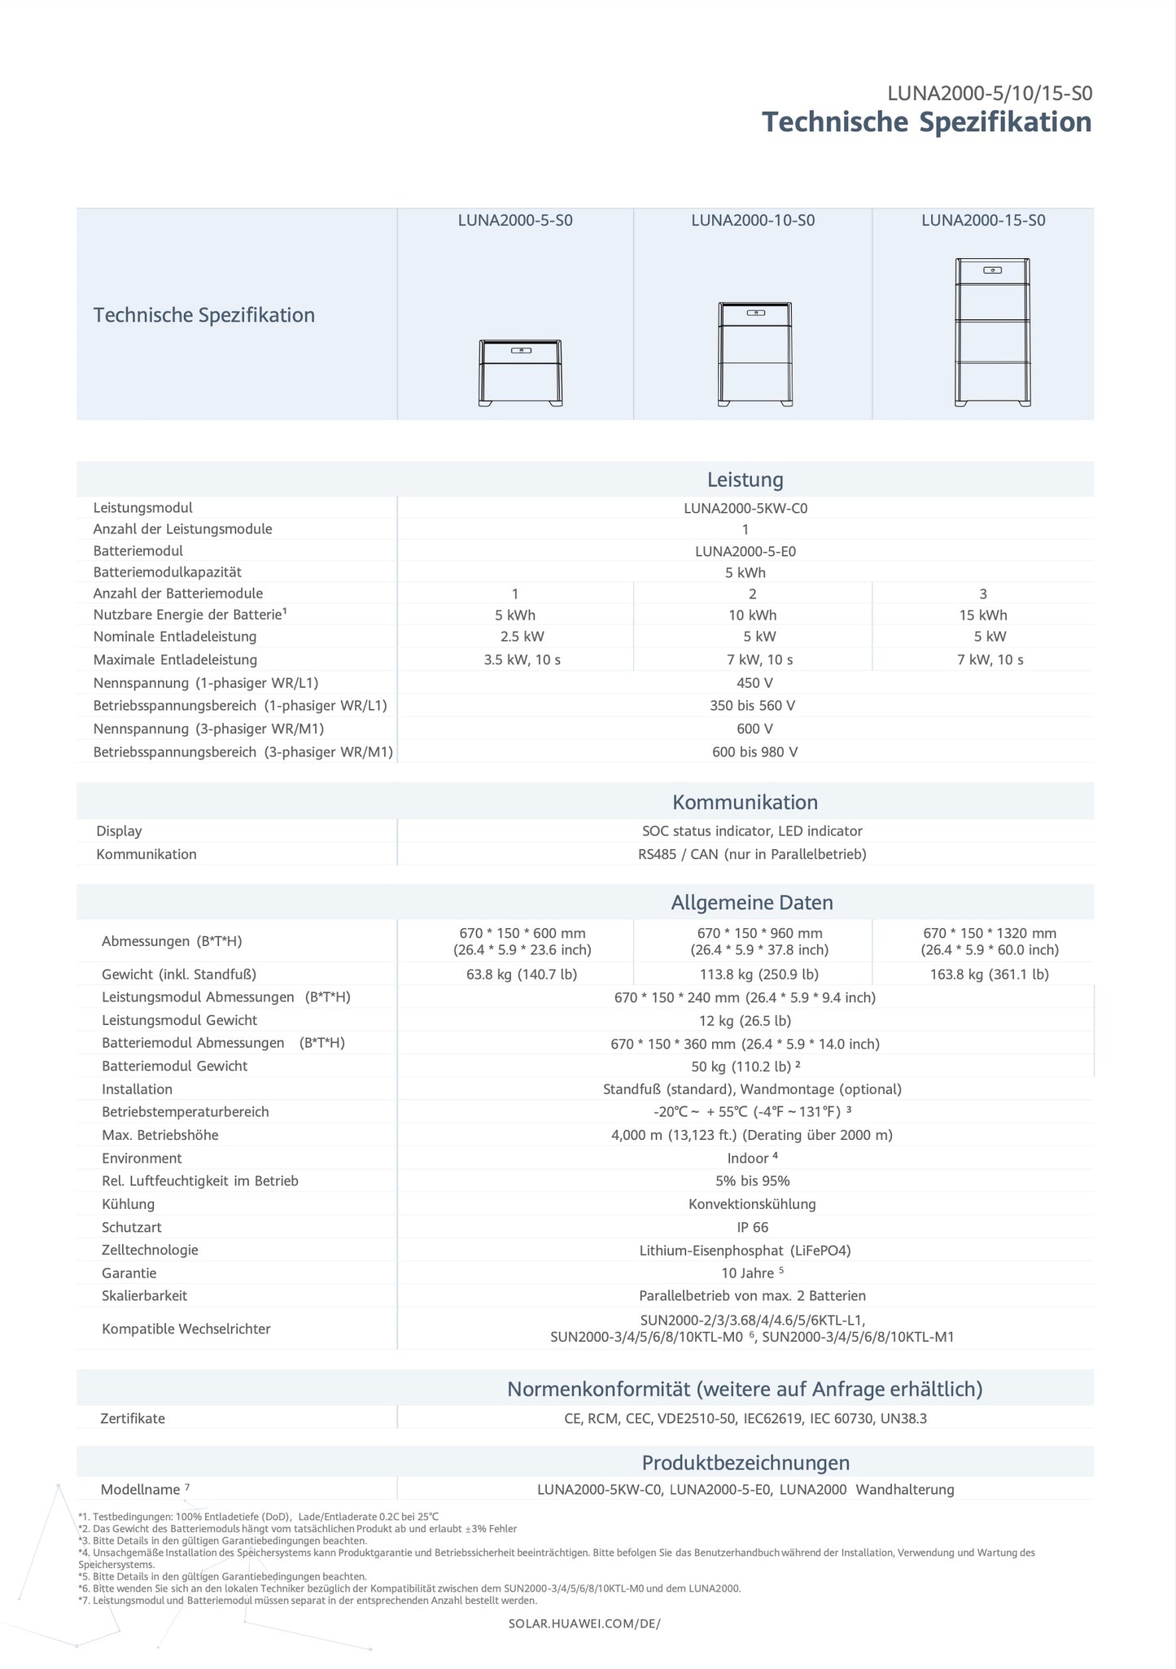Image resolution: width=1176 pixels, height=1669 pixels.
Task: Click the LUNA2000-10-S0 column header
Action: pos(753,221)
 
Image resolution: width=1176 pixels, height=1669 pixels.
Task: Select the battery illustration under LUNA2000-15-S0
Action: pos(992,332)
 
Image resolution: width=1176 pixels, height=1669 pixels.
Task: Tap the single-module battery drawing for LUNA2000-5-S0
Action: pos(520,373)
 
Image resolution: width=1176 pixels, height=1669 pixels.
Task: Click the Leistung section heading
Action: pos(745,480)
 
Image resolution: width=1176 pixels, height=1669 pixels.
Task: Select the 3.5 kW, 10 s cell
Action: pos(522,659)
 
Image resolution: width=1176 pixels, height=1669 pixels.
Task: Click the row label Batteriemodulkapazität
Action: pos(167,572)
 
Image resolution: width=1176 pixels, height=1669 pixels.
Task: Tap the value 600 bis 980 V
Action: pos(754,751)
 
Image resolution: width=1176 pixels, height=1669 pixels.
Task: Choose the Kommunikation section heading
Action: pos(745,802)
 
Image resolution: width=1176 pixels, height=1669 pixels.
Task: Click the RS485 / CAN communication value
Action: pos(752,854)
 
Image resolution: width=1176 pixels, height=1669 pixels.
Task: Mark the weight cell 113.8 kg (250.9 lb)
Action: pos(753,974)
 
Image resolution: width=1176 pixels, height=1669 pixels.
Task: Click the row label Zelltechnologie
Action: pos(150,1250)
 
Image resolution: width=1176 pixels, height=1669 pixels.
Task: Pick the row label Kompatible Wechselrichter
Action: pos(186,1329)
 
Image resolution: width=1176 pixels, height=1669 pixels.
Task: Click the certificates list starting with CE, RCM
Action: pos(745,1418)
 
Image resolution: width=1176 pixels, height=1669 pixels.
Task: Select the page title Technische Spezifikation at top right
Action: pos(926,122)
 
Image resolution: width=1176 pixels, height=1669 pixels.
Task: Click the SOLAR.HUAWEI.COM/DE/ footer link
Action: pos(584,1623)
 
